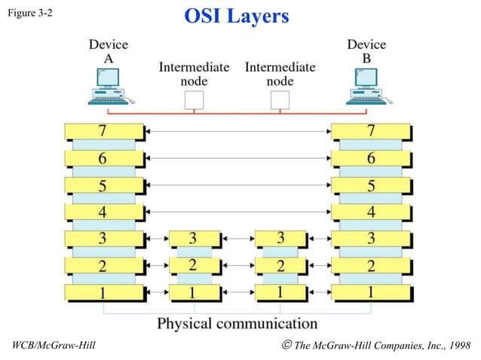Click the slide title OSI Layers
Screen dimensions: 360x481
pyautogui.click(x=237, y=16)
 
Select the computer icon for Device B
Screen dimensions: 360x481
pyautogui.click(x=366, y=86)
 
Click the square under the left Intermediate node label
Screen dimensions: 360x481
pyautogui.click(x=194, y=99)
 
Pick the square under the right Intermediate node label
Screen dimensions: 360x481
pyautogui.click(x=280, y=99)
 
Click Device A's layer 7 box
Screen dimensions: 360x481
pyautogui.click(x=103, y=132)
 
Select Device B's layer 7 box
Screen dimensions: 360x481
pyautogui.click(x=370, y=132)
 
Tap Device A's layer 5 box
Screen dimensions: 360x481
pyautogui.click(x=103, y=185)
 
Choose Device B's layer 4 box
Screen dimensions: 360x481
pyautogui.click(x=370, y=212)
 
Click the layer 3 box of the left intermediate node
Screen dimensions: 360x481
pyautogui.click(x=194, y=239)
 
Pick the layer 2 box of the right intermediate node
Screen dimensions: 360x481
pyautogui.click(x=280, y=266)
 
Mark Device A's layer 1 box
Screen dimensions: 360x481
pyautogui.click(x=103, y=293)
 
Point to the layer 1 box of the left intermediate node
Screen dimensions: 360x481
pyautogui.click(x=194, y=293)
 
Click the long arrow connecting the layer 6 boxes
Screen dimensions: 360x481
pyautogui.click(x=237, y=158)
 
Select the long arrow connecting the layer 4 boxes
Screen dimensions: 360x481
pyautogui.click(x=237, y=212)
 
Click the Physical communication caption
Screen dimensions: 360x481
pyautogui.click(x=237, y=324)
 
